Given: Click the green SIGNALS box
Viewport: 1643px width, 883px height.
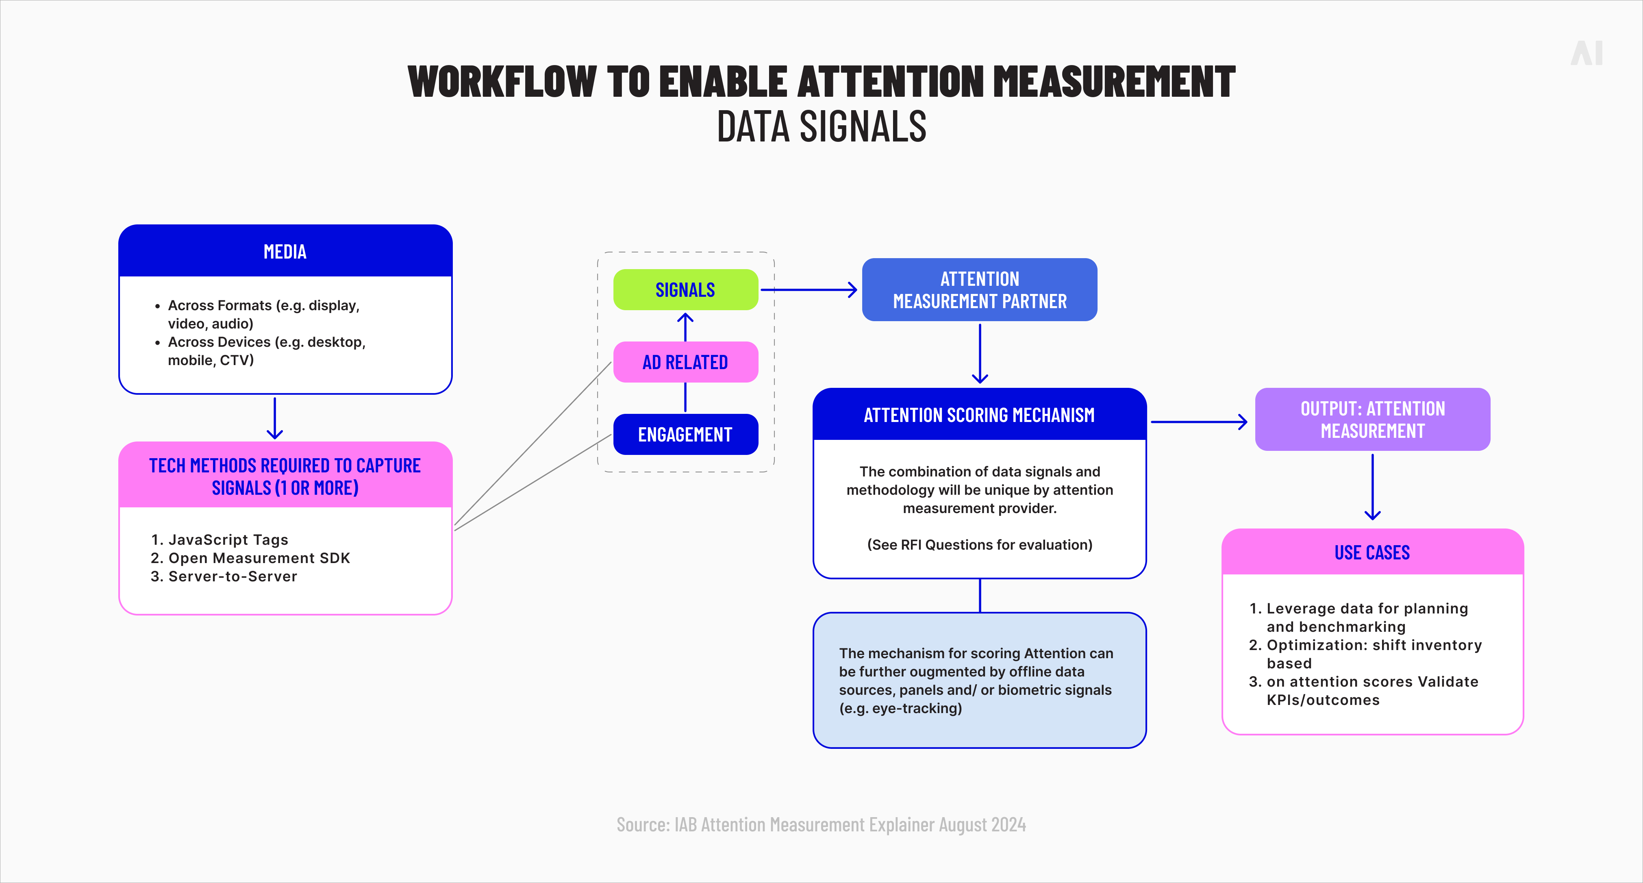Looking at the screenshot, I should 686,289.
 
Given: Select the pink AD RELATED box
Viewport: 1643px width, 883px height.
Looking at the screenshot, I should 686,362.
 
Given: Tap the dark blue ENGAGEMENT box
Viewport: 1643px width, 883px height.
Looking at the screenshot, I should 686,435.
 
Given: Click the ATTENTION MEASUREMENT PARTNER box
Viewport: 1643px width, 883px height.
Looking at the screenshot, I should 979,289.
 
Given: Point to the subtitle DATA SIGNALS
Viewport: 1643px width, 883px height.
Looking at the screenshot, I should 821,126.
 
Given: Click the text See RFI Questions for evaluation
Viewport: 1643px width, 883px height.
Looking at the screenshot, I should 979,545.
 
